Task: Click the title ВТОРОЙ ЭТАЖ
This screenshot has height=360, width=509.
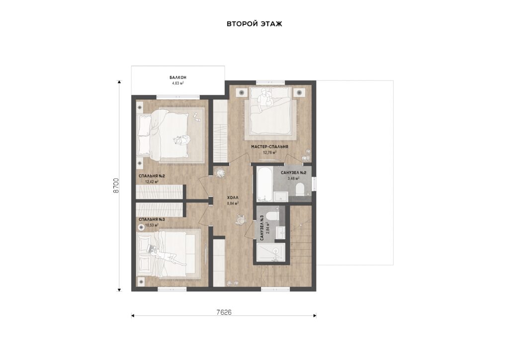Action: click(254, 24)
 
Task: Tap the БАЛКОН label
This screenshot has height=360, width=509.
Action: click(178, 78)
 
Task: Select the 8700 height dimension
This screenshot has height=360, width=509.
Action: click(116, 185)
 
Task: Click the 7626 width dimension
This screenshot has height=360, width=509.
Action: click(224, 312)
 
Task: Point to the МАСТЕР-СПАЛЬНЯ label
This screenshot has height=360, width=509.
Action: click(269, 147)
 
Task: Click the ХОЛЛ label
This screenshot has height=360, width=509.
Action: click(233, 197)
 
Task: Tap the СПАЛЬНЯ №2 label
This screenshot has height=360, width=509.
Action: click(152, 176)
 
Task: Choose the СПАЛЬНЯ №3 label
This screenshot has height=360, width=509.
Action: click(152, 219)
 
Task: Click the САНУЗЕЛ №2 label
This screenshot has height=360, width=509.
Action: click(293, 173)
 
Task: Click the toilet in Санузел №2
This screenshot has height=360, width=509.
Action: click(300, 190)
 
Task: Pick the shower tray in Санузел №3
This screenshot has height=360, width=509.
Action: click(271, 253)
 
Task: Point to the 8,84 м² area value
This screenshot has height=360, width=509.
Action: click(233, 203)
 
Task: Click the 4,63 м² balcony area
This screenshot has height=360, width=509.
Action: click(178, 83)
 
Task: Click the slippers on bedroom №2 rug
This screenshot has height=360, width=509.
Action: click(197, 117)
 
